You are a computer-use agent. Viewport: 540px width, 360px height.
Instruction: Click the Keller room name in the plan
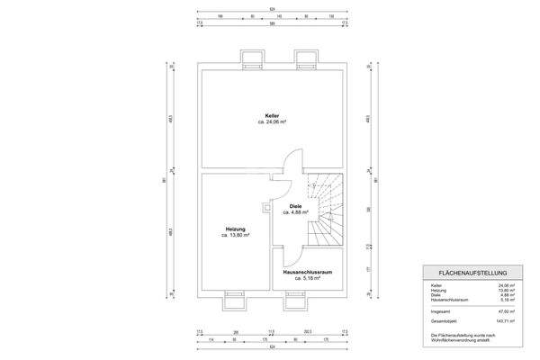click(271, 114)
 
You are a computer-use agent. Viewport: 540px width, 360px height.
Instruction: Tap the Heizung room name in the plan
click(236, 229)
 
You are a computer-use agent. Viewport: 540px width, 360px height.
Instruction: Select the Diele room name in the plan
click(295, 207)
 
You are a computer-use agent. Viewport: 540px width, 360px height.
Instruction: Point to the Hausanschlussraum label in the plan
click(308, 273)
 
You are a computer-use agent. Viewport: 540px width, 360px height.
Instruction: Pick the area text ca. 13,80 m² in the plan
click(236, 236)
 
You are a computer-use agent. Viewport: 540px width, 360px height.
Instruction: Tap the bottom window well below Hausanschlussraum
click(295, 299)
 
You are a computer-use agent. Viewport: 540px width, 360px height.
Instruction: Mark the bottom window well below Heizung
click(234, 299)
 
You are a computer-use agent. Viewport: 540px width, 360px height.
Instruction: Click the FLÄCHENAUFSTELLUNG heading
click(473, 273)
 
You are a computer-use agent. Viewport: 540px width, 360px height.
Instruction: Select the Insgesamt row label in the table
click(440, 311)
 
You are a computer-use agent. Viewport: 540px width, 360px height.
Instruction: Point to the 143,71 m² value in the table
click(504, 320)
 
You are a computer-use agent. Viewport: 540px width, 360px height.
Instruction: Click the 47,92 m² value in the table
click(506, 311)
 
